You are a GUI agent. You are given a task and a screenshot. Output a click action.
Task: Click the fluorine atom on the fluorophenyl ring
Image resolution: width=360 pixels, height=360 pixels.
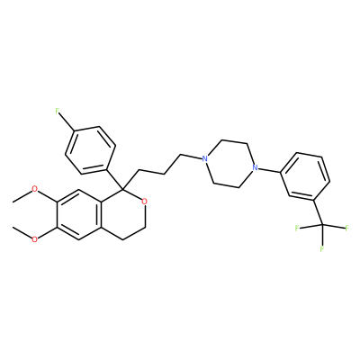58,111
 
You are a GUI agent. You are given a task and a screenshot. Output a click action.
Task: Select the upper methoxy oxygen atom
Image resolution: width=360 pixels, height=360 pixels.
35,189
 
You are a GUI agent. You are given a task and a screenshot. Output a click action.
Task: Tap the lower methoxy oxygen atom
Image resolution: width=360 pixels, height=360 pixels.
35,239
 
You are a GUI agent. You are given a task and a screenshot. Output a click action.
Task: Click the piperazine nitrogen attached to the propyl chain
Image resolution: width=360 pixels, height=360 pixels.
204,158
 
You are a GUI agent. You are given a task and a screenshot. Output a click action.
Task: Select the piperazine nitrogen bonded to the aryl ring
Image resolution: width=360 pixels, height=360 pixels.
255,167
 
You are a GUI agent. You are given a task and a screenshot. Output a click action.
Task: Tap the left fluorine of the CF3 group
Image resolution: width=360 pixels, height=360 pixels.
297,229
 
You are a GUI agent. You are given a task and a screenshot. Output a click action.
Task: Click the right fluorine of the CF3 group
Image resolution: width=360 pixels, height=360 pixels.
347,229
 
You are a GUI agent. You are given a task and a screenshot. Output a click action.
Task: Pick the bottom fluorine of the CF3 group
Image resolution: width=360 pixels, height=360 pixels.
322,249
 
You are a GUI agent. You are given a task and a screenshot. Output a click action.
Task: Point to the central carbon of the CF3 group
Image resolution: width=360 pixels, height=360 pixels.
322,224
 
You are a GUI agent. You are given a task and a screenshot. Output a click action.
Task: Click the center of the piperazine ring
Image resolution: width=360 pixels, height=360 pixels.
229,163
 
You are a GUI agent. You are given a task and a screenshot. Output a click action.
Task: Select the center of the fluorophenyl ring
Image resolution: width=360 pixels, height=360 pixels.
90,150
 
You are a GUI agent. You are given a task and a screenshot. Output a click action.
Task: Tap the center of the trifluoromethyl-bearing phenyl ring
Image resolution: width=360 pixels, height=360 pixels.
305,176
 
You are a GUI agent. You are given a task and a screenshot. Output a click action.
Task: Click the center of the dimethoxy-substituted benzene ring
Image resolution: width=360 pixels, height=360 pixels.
78,214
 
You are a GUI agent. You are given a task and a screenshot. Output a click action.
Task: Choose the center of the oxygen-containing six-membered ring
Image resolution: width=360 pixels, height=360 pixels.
122,214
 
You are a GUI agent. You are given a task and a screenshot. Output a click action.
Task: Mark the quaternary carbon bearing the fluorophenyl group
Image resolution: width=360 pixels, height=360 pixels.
123,189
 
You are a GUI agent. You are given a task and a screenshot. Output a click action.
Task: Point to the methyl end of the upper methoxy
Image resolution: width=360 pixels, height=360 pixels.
13,202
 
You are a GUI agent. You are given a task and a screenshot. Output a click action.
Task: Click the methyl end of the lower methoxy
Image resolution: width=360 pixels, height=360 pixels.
13,227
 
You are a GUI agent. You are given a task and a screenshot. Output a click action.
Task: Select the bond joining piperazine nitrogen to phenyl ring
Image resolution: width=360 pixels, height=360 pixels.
269,170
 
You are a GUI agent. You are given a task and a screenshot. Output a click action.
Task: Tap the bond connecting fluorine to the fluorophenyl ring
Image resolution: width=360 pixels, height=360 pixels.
67,122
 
